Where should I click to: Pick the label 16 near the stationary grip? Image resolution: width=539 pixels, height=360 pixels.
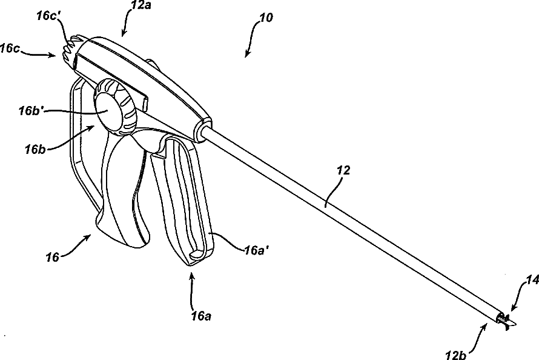[x=52, y=257]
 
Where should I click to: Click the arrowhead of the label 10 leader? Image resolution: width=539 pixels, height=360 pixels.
[x=247, y=55]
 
